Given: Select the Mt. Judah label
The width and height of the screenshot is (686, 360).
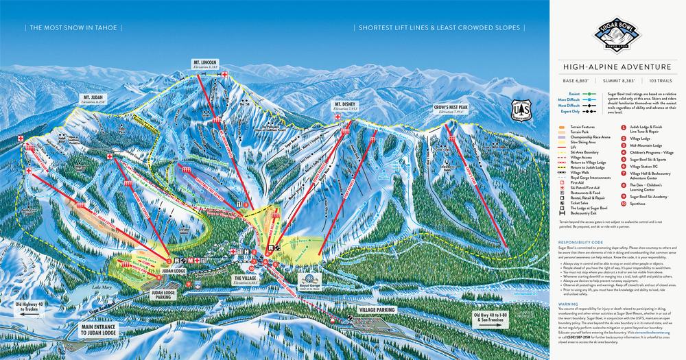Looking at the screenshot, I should click(x=93, y=98).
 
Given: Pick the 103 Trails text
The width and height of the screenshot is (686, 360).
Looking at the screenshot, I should click(x=652, y=82).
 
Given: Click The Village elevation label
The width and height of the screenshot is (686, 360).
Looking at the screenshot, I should click(x=245, y=280).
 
